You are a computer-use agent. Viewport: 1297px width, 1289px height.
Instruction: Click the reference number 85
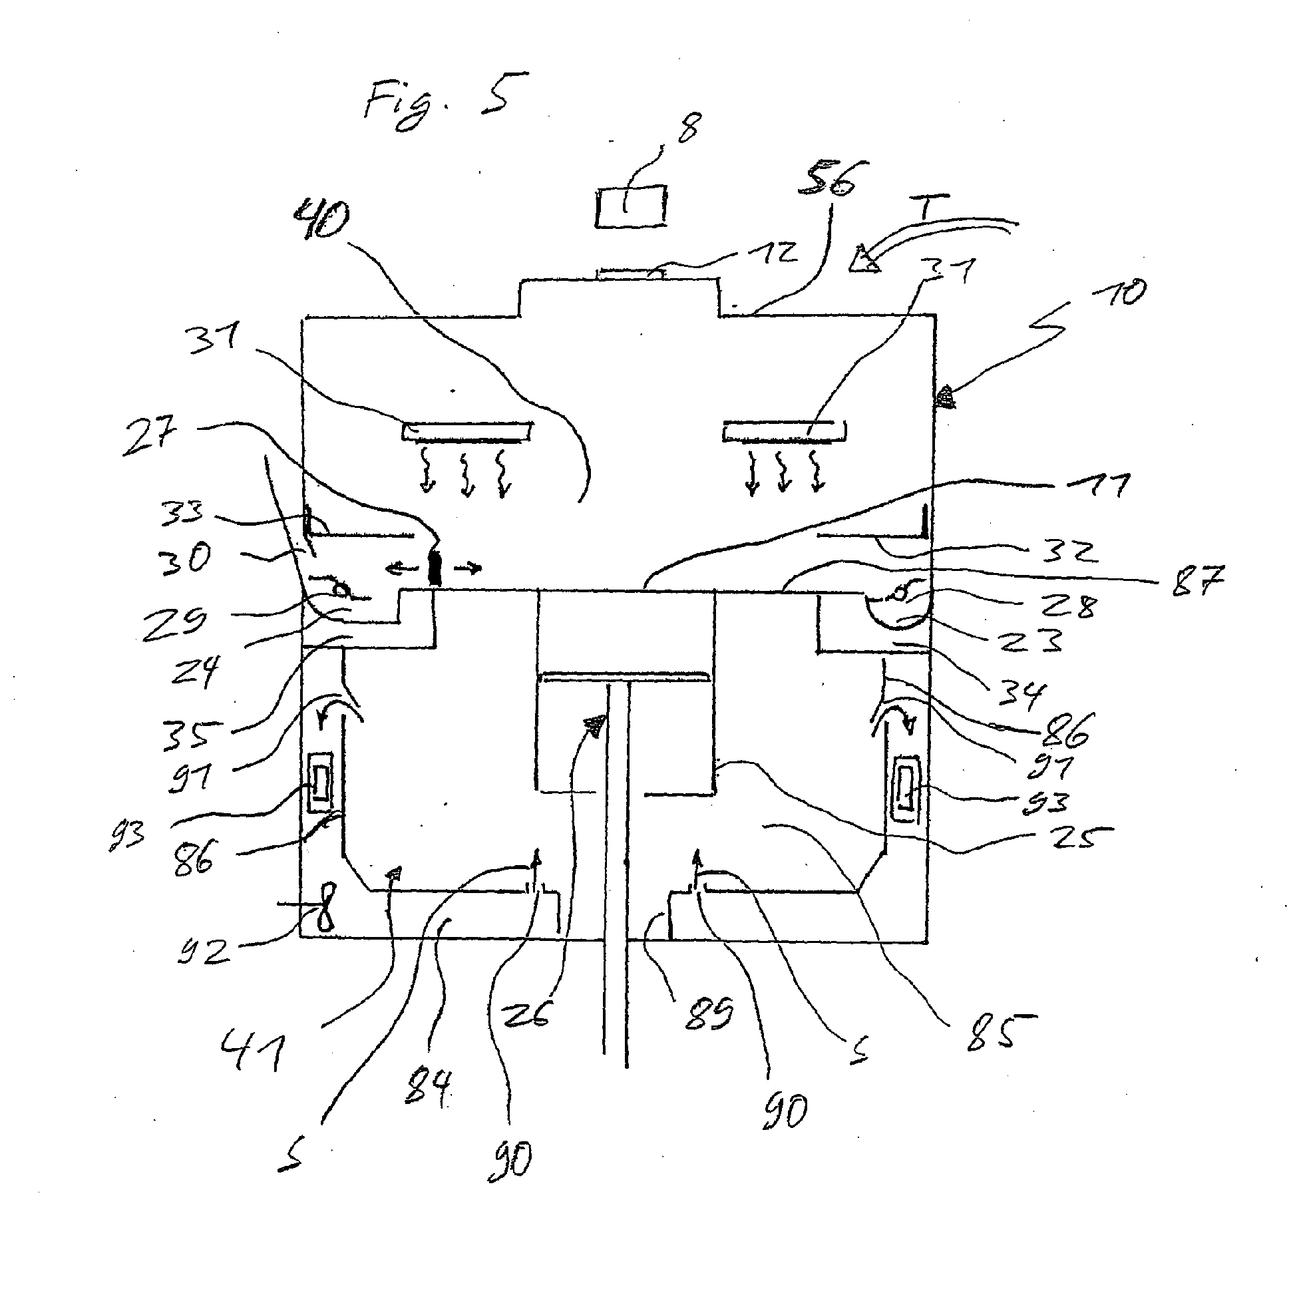click(998, 1032)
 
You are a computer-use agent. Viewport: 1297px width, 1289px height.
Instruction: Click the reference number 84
click(429, 1087)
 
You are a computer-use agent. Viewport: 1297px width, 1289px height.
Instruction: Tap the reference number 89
click(709, 1014)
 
